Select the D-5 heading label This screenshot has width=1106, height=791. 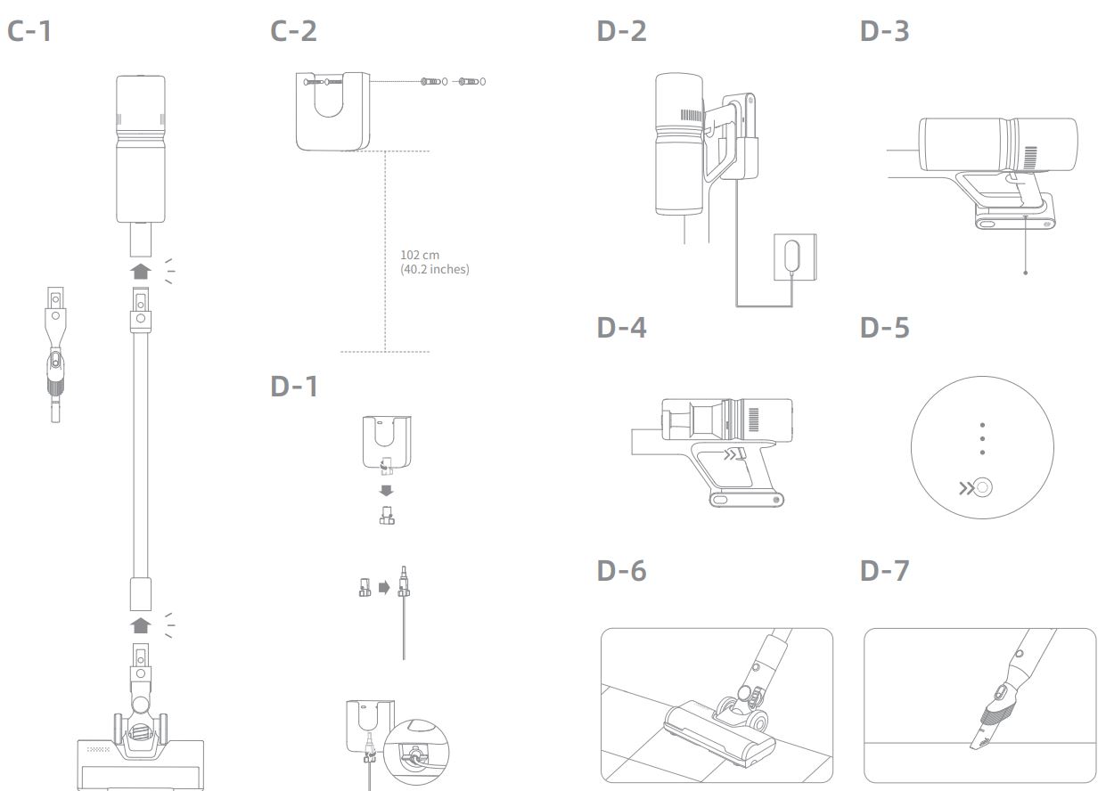(885, 327)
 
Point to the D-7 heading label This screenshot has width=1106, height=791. (885, 570)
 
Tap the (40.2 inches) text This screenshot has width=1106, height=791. (434, 269)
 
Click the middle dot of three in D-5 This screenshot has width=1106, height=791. (982, 438)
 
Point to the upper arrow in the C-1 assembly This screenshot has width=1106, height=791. (141, 270)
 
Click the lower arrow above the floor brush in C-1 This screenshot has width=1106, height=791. (141, 624)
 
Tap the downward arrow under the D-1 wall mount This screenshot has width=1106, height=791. (386, 490)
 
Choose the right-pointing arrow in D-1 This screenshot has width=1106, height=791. (384, 588)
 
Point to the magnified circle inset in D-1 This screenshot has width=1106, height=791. (415, 750)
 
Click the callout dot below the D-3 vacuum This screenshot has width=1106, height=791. (1026, 273)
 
